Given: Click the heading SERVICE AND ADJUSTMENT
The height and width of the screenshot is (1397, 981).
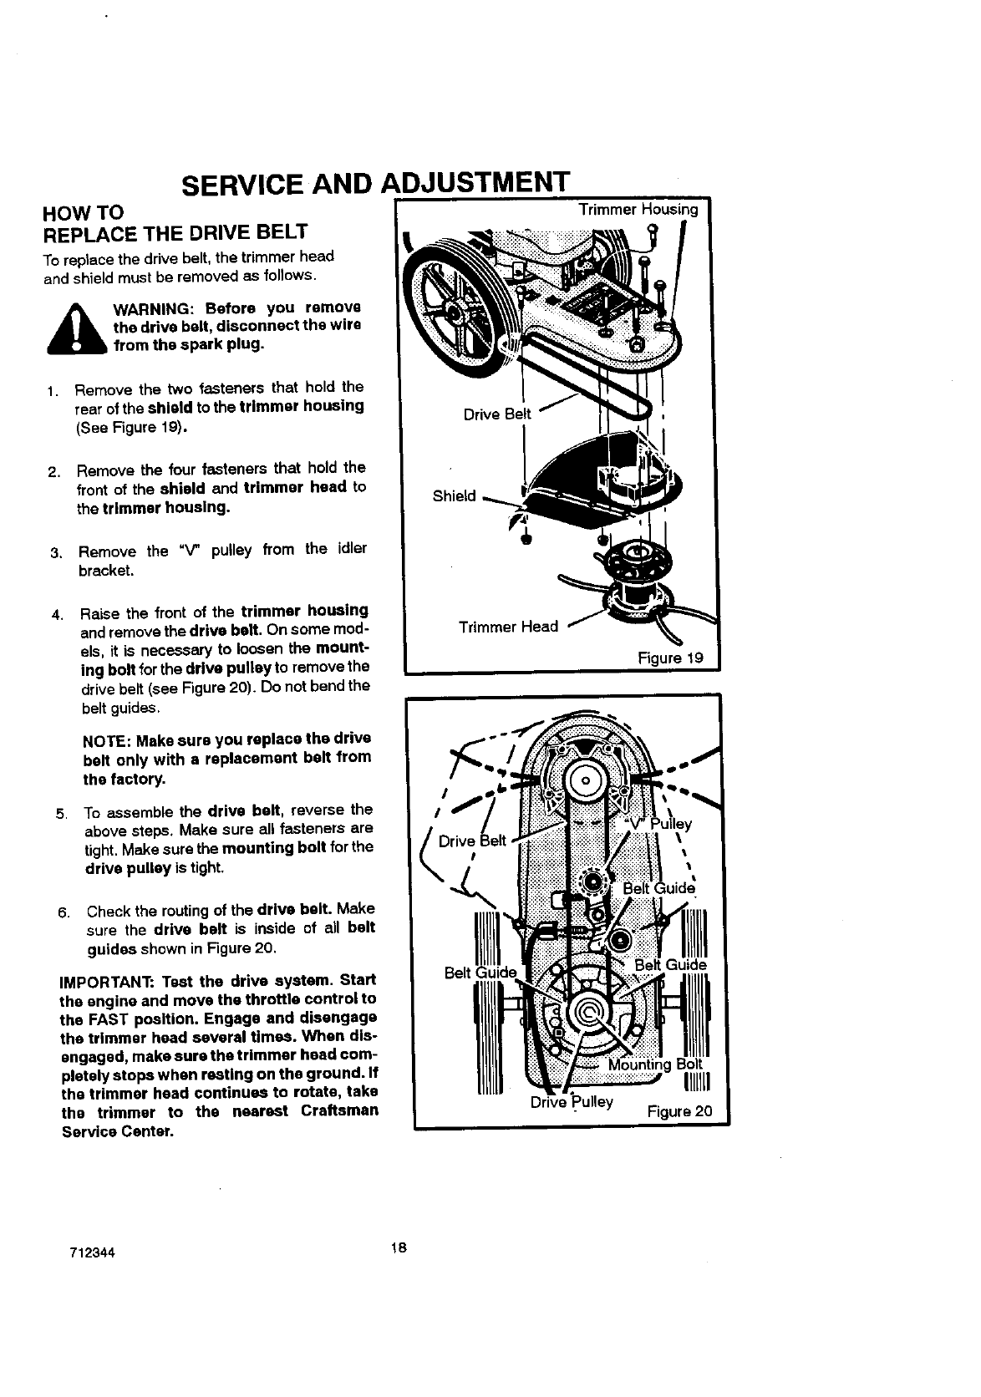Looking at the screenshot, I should tap(374, 184).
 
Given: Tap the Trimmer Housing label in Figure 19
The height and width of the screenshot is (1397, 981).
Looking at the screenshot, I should tap(638, 210).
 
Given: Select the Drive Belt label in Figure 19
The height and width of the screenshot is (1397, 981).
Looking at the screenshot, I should tap(497, 414).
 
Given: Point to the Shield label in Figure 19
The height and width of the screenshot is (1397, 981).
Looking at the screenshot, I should tap(454, 496).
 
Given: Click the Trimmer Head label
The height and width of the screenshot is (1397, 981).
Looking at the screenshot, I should tap(508, 627).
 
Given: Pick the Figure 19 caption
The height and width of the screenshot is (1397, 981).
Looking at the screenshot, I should tap(670, 658).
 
